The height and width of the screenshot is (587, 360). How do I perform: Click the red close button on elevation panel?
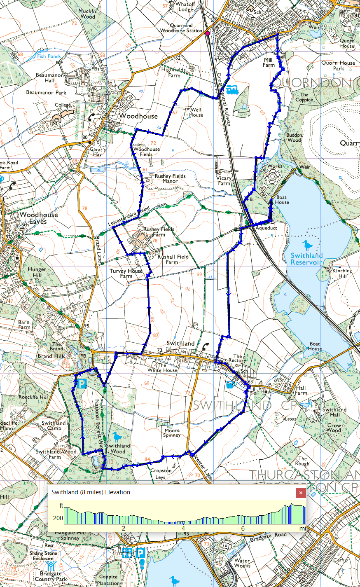coord(301,493)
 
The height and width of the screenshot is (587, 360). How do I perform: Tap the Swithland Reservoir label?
coord(306,259)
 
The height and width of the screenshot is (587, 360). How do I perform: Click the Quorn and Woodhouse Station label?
coord(181,28)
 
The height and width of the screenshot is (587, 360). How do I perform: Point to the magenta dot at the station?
coord(208,33)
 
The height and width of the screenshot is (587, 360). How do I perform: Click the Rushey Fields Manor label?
coord(170,178)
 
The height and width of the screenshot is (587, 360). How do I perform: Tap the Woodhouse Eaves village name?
coord(39,218)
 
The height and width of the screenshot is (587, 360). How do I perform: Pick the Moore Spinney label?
coord(172,433)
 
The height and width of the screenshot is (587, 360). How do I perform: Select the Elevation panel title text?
coord(91,492)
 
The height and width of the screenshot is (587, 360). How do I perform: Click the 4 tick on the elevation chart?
coord(183,528)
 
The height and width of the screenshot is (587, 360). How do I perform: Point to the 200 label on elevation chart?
coord(58,518)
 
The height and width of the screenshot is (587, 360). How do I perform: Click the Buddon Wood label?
coord(294,138)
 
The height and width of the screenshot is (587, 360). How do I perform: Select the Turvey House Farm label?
coord(126,274)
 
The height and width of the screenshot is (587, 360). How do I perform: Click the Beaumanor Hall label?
coord(50,78)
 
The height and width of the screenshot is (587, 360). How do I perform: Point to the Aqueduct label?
coord(266,228)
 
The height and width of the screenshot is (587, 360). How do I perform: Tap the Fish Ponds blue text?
coord(49,56)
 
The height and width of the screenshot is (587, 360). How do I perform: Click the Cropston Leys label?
coord(161,474)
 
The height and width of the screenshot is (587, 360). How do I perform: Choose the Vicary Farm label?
coord(224,181)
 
